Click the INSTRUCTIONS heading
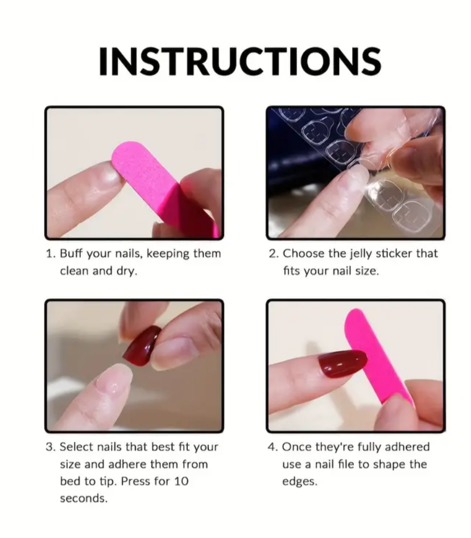(239, 61)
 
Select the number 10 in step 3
(181, 482)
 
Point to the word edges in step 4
(299, 482)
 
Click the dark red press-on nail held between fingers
(142, 346)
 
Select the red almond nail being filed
(342, 364)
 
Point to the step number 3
(50, 447)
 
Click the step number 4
(272, 447)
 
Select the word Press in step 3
(136, 482)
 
